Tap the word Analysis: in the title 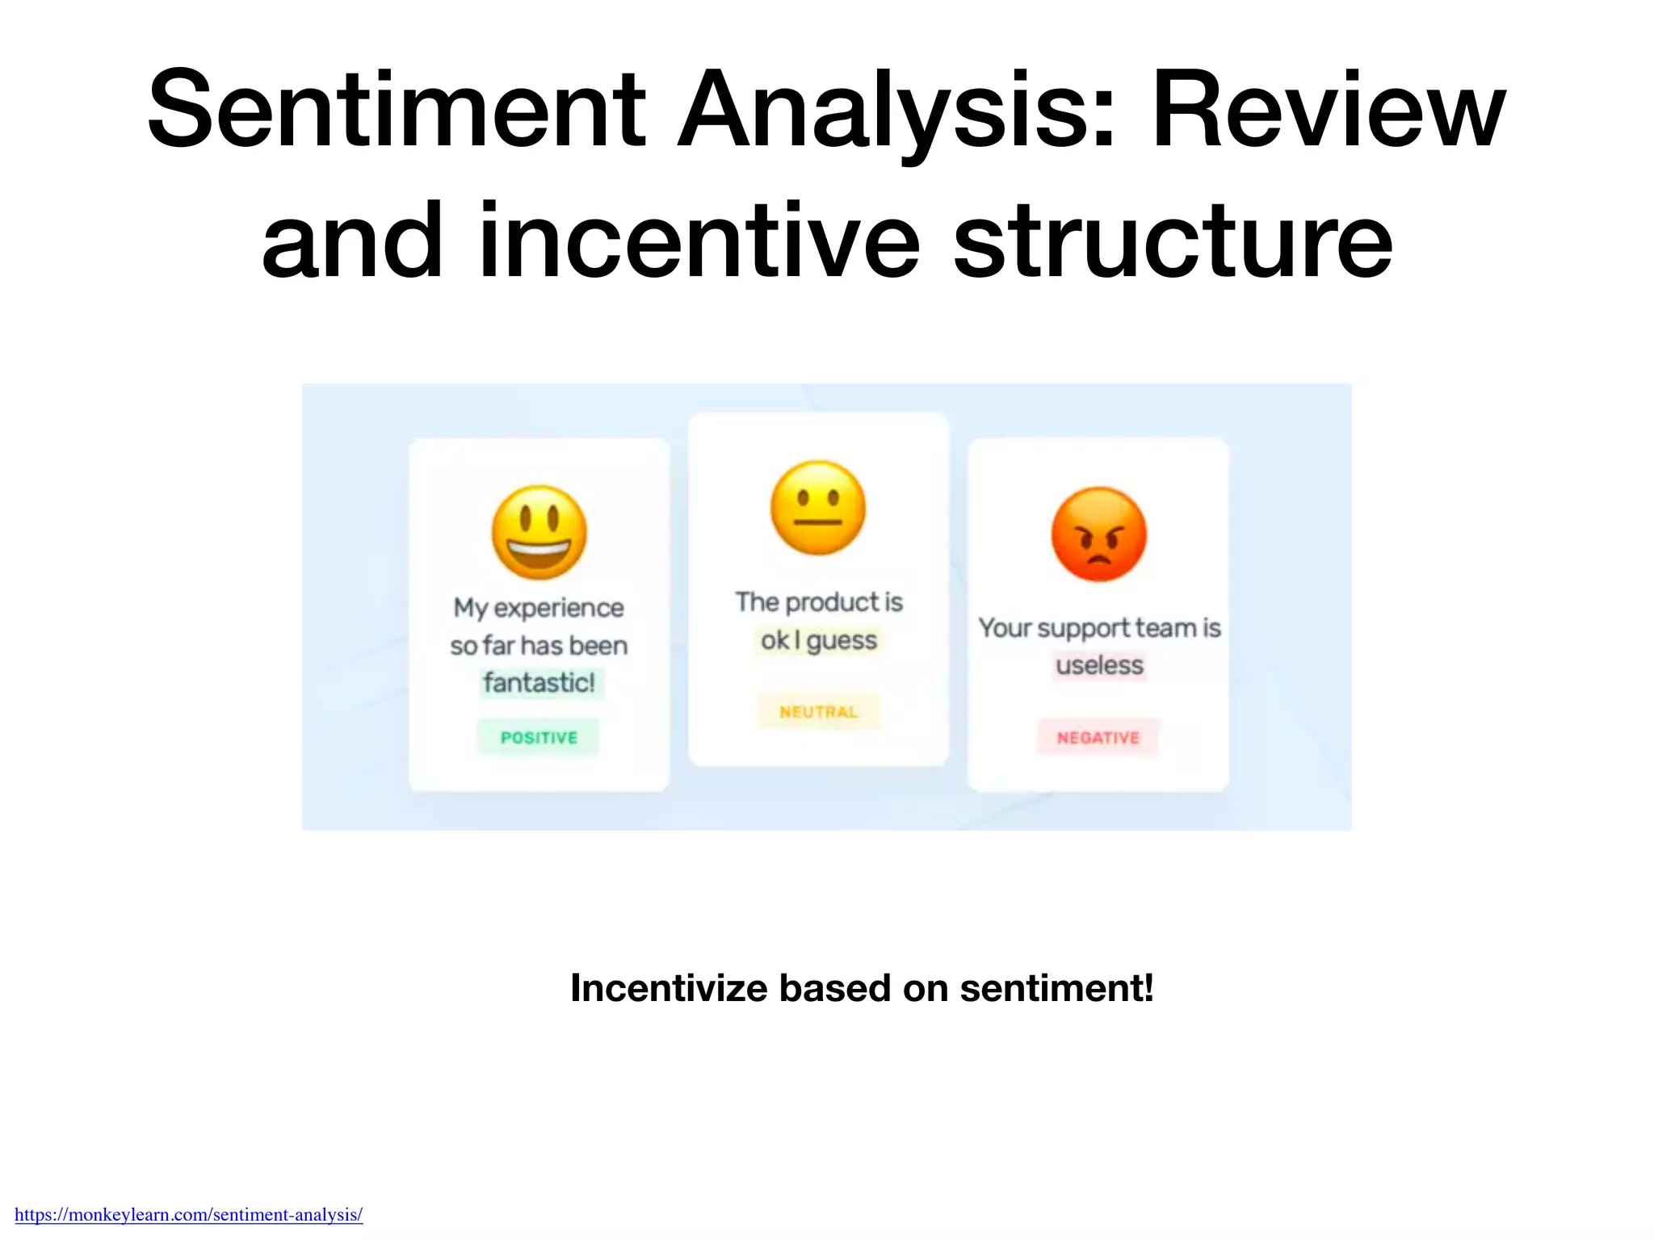pos(896,111)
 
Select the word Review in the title pos(1329,111)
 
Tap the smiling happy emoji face pos(539,532)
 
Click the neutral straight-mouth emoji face pos(818,508)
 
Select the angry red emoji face pos(1098,534)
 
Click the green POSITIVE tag pos(539,737)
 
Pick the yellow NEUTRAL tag pos(818,711)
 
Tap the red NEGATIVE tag pos(1098,737)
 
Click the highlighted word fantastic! pos(539,683)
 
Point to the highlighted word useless pos(1099,665)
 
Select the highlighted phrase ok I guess pos(818,640)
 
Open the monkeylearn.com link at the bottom pos(188,1214)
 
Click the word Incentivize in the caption pos(669,988)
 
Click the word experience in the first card pos(558,608)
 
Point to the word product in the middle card pos(832,602)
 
